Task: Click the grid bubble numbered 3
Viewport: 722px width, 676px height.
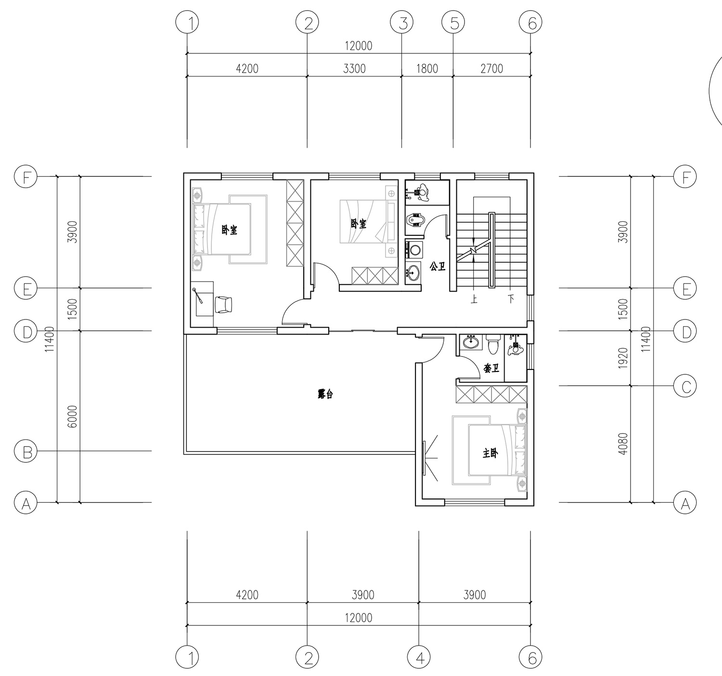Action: (402, 23)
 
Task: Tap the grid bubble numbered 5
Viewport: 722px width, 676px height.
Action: (453, 23)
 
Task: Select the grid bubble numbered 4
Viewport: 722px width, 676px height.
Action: (419, 657)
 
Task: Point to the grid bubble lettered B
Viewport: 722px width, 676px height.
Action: (26, 451)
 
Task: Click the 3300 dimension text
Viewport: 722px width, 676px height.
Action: (354, 68)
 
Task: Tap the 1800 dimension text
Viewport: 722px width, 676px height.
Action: (427, 68)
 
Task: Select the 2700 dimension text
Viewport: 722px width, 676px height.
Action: (491, 68)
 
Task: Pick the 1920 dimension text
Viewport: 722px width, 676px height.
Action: (623, 358)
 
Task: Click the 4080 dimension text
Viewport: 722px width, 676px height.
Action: (623, 444)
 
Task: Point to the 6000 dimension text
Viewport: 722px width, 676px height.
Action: (73, 417)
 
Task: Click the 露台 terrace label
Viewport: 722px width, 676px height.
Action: (325, 394)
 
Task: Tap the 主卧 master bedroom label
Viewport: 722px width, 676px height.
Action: (490, 453)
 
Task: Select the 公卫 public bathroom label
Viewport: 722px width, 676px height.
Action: (438, 267)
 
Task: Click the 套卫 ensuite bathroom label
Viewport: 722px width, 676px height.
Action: (491, 368)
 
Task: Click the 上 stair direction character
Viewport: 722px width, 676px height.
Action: (474, 299)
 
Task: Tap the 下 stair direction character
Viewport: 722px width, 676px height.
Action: (511, 299)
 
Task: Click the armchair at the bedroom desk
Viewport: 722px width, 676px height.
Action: (223, 305)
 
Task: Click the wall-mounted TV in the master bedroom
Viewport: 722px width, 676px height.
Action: (424, 458)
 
